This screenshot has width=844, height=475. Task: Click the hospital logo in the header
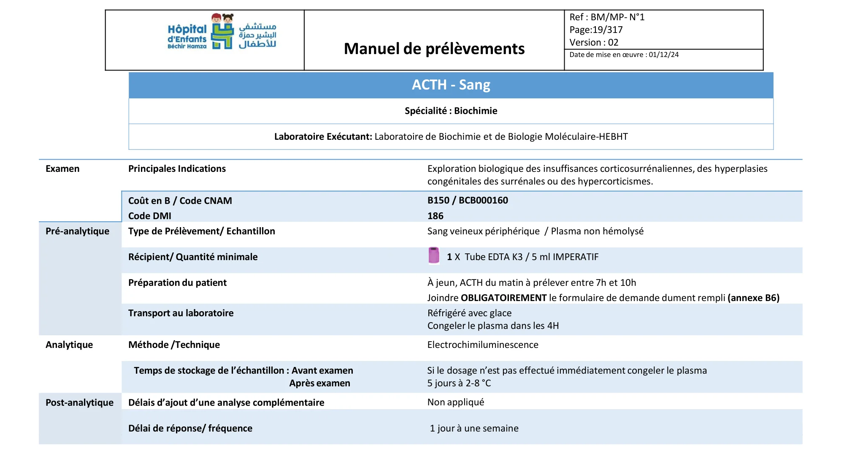click(222, 32)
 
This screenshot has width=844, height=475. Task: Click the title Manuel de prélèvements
click(434, 49)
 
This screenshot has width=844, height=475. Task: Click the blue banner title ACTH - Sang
click(451, 85)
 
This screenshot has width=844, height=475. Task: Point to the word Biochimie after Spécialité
click(476, 111)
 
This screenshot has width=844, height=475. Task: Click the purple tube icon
click(433, 255)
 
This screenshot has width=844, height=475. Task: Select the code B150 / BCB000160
click(468, 201)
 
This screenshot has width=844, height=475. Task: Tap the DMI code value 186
click(435, 216)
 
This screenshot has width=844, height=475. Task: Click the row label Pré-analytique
click(77, 231)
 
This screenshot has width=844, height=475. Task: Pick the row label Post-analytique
click(79, 403)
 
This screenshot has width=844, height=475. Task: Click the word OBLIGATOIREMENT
click(503, 298)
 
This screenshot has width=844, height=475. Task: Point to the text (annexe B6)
click(753, 298)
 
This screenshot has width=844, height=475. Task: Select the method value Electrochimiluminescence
click(483, 345)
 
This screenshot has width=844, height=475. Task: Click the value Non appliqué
click(455, 402)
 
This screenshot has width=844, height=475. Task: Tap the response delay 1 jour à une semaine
click(474, 429)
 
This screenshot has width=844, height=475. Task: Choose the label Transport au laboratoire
click(181, 313)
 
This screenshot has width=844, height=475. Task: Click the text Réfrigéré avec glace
click(469, 313)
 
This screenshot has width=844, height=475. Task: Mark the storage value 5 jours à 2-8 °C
click(459, 383)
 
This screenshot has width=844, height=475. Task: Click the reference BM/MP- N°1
click(617, 17)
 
